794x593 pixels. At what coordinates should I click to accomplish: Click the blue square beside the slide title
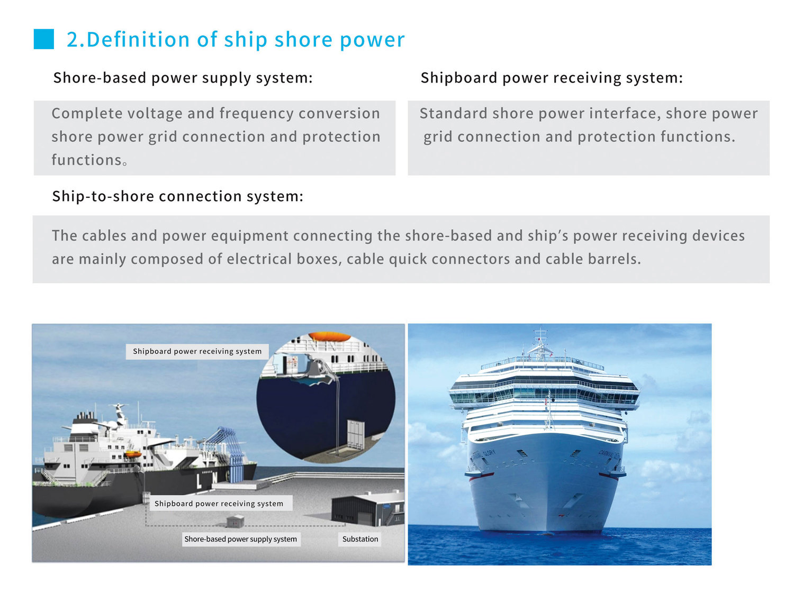[x=44, y=39]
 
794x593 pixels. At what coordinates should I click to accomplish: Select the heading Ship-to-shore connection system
[x=177, y=196]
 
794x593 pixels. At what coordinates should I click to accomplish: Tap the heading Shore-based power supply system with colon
[x=183, y=78]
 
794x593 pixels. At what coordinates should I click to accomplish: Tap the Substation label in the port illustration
[x=360, y=539]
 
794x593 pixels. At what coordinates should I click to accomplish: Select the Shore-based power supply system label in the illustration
[x=240, y=539]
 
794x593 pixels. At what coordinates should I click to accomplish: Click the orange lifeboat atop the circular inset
[x=329, y=337]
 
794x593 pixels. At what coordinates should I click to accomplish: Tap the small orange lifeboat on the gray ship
[x=132, y=454]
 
